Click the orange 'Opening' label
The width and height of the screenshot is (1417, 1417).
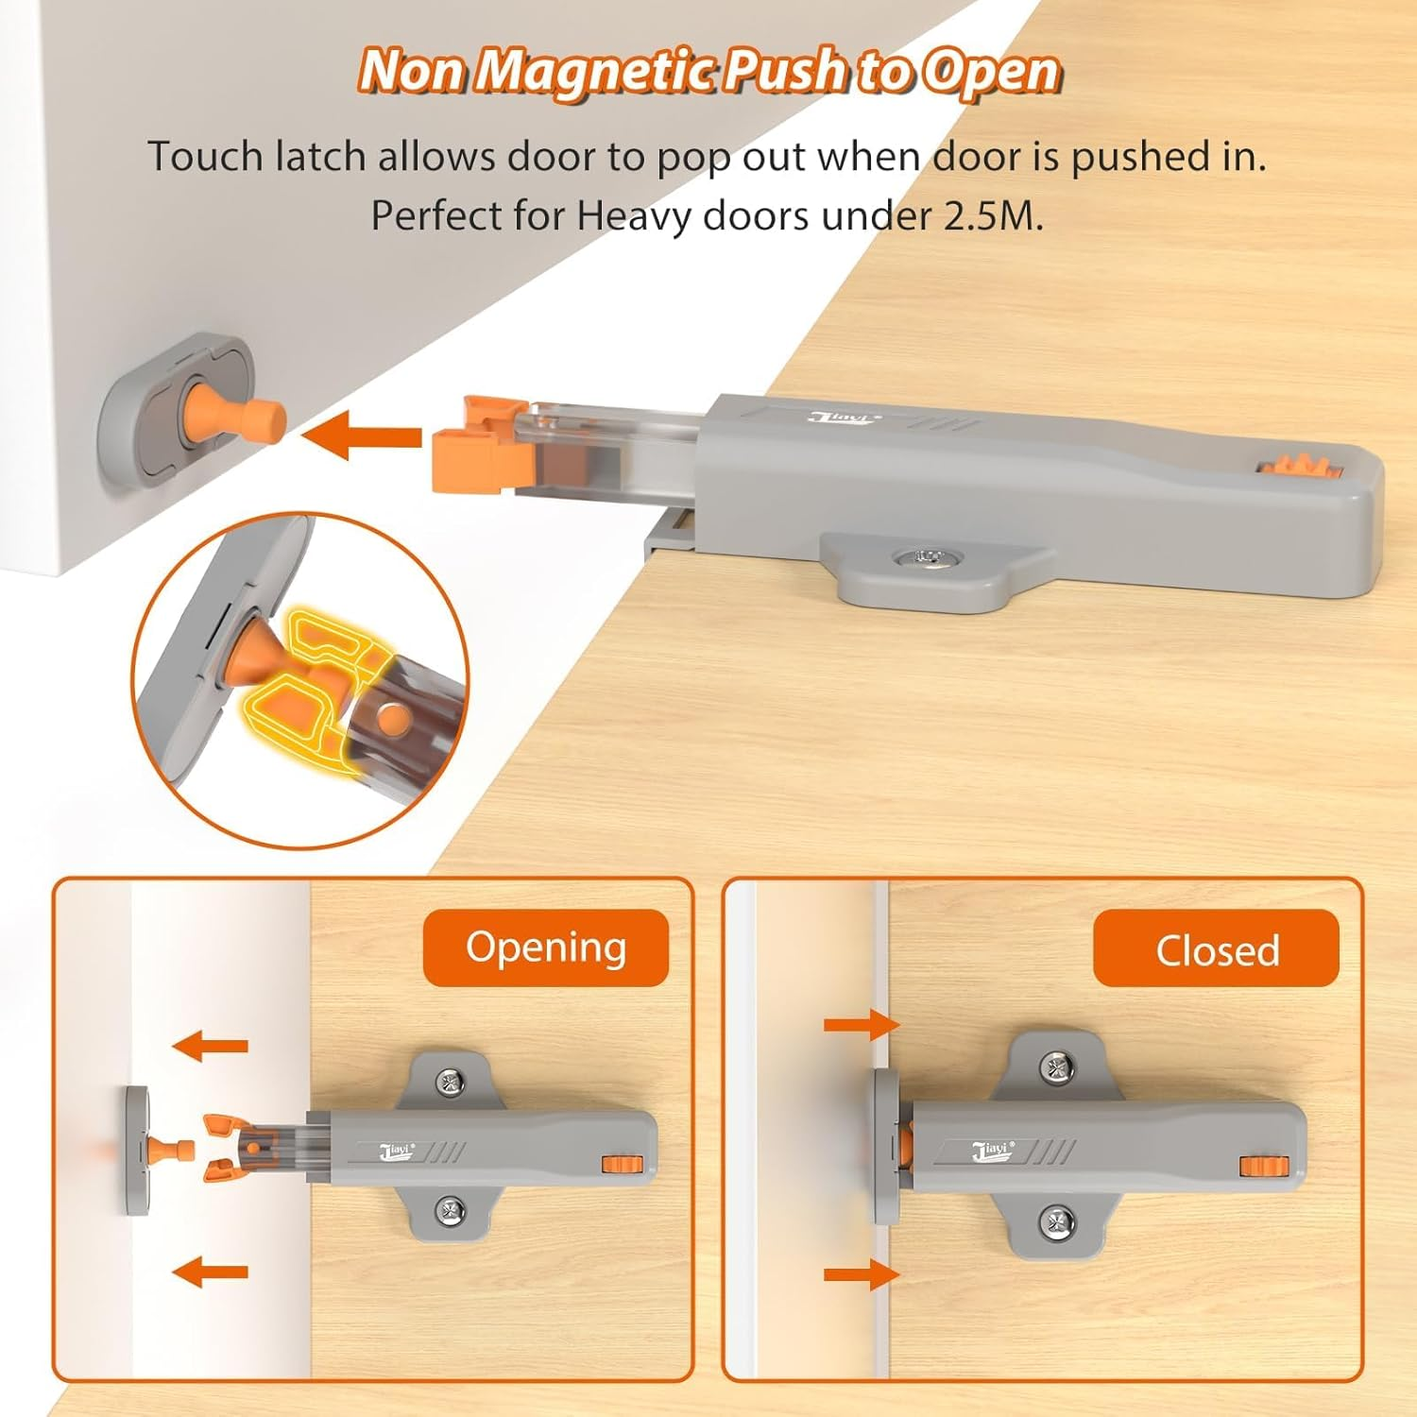coord(545,948)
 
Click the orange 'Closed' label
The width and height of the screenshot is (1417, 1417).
coord(1216,949)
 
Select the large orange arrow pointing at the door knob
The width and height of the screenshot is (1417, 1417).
coord(362,437)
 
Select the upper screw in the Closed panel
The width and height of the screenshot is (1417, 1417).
coord(1057,1067)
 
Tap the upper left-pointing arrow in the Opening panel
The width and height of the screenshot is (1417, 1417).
coord(211,1046)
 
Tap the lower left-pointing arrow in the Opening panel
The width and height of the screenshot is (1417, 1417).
coord(211,1272)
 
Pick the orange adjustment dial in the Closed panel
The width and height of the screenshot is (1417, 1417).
coord(1258,1166)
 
